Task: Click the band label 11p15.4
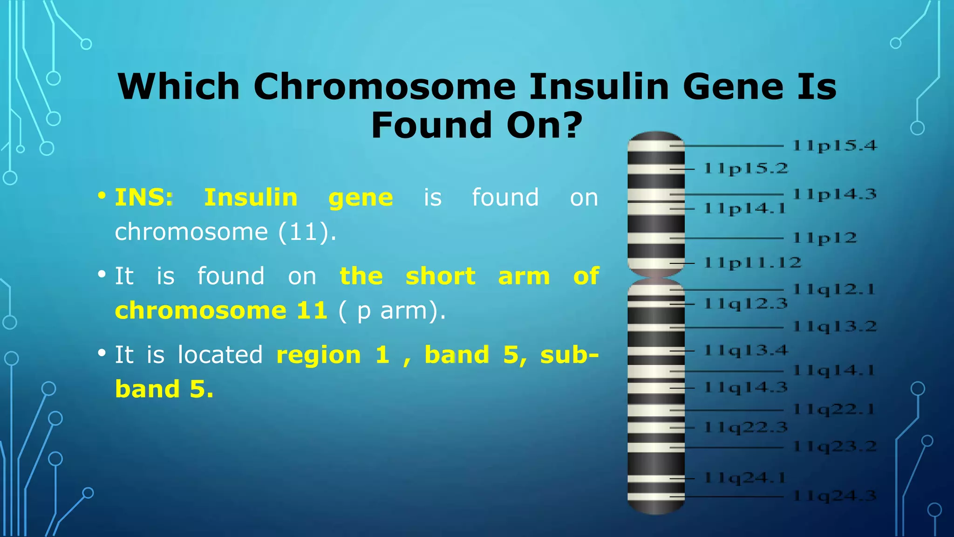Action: click(x=835, y=145)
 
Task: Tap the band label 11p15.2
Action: click(x=746, y=168)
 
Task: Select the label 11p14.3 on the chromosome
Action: click(x=835, y=194)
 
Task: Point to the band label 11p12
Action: click(x=825, y=238)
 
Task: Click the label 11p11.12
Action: click(x=752, y=263)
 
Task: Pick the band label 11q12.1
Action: click(x=834, y=289)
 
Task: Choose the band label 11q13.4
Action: click(x=746, y=350)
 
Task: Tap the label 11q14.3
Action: click(x=746, y=387)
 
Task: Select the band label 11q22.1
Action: click(x=834, y=410)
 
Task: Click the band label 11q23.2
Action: click(x=835, y=447)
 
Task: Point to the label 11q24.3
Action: click(x=835, y=496)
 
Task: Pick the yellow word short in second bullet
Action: click(x=440, y=276)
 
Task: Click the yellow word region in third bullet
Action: click(x=319, y=355)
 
